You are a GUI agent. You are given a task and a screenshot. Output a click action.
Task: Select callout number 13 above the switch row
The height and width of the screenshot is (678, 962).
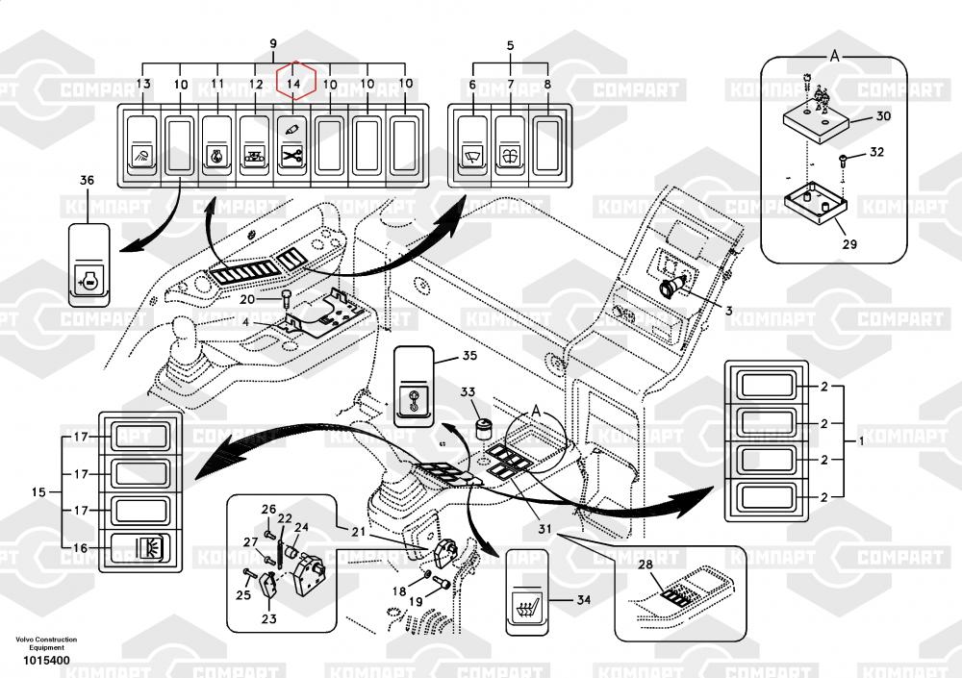point(142,85)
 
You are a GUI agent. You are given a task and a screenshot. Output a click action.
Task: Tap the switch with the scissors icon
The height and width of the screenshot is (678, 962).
point(291,145)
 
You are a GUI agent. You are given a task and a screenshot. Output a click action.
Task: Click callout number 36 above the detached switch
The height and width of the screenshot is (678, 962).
point(87,181)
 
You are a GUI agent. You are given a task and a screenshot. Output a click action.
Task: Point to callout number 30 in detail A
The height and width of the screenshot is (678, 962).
point(883,116)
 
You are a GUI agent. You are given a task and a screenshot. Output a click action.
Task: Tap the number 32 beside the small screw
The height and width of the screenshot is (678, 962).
point(875,153)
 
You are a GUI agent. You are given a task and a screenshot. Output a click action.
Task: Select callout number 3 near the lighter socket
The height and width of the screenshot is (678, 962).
point(728,311)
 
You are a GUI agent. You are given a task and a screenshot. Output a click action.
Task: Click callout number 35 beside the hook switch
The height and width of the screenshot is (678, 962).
point(468,356)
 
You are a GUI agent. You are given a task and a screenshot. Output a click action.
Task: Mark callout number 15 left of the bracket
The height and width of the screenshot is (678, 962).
point(38,492)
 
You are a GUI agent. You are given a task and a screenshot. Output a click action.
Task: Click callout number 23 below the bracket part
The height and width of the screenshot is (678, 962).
point(268,619)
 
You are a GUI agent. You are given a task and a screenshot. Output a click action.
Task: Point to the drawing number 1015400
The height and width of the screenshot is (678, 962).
point(46,662)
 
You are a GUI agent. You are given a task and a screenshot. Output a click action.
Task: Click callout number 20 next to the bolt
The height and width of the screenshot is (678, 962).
point(248,298)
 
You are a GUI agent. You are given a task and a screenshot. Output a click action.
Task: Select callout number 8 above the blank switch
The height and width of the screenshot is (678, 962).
point(547,85)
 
